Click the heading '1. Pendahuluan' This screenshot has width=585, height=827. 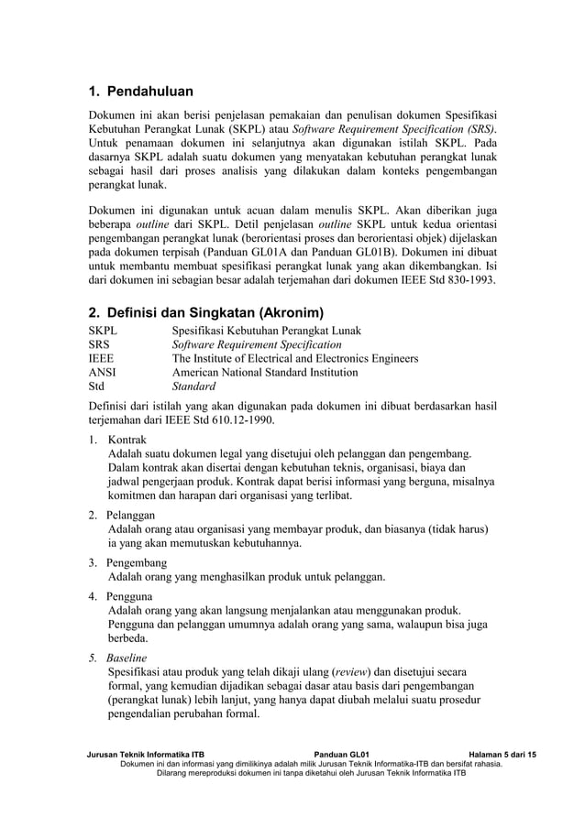tap(140, 92)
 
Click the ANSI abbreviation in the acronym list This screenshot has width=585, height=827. tap(102, 373)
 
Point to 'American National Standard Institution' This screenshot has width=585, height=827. tap(265, 373)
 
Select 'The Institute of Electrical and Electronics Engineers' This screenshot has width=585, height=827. tap(295, 359)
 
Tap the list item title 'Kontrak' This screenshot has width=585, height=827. tap(127, 440)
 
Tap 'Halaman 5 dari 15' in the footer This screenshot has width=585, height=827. tap(502, 752)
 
